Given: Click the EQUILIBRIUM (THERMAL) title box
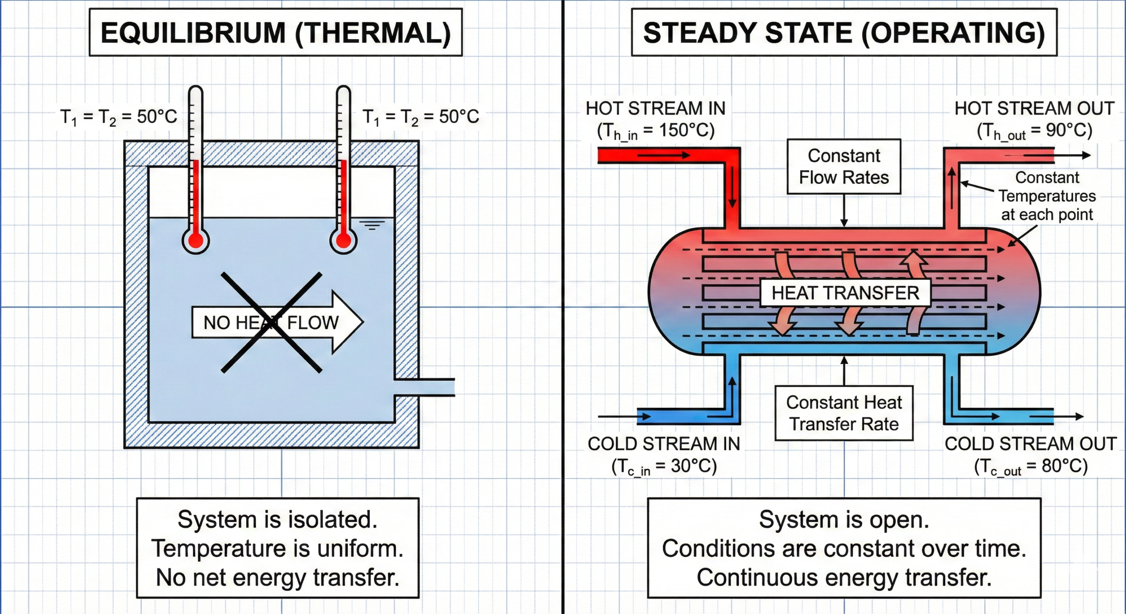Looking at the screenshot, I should [275, 33].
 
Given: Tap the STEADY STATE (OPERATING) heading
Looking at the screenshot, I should [844, 33].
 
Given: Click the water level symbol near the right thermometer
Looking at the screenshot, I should [372, 225].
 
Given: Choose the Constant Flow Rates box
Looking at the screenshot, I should [844, 167].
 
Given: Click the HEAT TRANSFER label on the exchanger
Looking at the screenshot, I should [845, 293].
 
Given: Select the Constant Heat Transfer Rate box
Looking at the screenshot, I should [844, 413].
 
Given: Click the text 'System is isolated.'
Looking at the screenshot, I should [278, 519].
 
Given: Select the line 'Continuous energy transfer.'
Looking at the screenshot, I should [844, 577].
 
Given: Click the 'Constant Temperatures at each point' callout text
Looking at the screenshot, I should [1047, 196].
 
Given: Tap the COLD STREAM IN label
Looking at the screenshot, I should [664, 444].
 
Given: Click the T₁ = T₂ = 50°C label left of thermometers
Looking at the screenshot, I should [118, 117].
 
